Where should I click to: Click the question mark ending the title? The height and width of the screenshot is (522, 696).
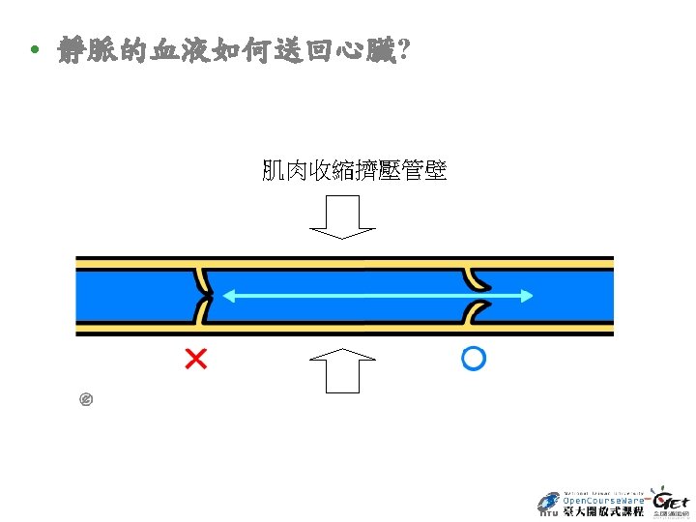pyautogui.click(x=400, y=49)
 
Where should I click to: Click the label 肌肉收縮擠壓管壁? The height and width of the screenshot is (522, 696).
pyautogui.click(x=354, y=171)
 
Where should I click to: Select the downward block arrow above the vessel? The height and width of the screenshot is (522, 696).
pyautogui.click(x=341, y=217)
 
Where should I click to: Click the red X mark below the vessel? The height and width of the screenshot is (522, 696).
pyautogui.click(x=195, y=360)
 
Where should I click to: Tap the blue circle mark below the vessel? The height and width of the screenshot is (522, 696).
pyautogui.click(x=473, y=359)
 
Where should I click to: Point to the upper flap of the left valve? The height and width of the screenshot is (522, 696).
pyautogui.click(x=202, y=279)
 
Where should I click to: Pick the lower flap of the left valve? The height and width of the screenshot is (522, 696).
pyautogui.click(x=202, y=312)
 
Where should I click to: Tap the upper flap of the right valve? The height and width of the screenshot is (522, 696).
pyautogui.click(x=476, y=278)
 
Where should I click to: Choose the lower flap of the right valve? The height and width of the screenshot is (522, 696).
pyautogui.click(x=476, y=312)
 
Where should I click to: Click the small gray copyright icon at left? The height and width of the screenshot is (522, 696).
pyautogui.click(x=85, y=398)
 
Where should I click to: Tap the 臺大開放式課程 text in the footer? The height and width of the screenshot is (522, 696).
pyautogui.click(x=603, y=511)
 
